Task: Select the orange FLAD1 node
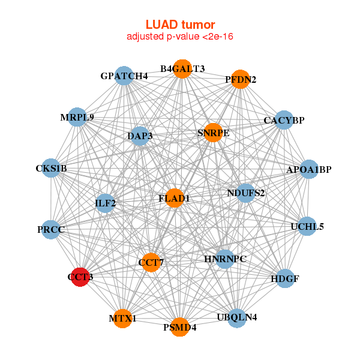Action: click(x=174, y=199)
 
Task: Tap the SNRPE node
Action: click(x=213, y=133)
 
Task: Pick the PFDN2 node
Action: click(x=240, y=79)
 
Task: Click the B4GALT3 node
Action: click(x=182, y=68)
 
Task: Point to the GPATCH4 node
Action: click(x=124, y=76)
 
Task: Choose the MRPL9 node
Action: click(x=77, y=117)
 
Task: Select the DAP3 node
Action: click(x=139, y=136)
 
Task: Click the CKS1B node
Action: click(x=51, y=169)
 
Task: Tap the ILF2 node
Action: click(x=105, y=203)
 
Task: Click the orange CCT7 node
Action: click(x=151, y=262)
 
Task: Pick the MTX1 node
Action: click(x=122, y=318)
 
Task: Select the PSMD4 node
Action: click(x=179, y=327)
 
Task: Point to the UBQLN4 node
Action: click(x=237, y=317)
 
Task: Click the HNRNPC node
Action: click(x=225, y=259)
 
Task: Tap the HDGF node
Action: click(x=284, y=278)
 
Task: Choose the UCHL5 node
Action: click(x=307, y=226)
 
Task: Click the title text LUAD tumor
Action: click(x=180, y=25)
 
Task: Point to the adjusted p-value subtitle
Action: click(x=180, y=37)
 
